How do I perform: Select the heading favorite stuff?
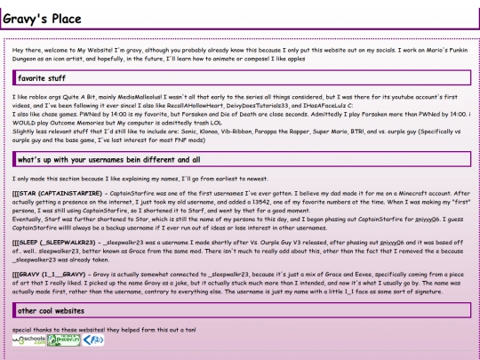(42, 78)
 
